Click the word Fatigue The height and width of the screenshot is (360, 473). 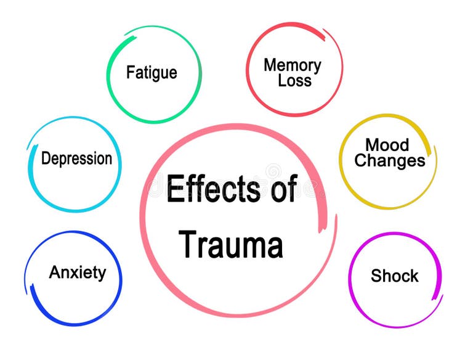tap(152, 73)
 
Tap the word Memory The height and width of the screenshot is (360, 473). tap(292, 65)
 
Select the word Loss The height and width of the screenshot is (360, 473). tap(294, 80)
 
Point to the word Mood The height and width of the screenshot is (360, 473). tap(387, 145)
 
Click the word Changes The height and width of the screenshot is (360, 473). tap(390, 162)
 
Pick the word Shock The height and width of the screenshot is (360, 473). tap(395, 276)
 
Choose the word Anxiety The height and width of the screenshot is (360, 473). tap(78, 272)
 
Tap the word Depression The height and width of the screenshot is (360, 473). tap(76, 158)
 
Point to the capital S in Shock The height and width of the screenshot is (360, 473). tap(376, 276)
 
